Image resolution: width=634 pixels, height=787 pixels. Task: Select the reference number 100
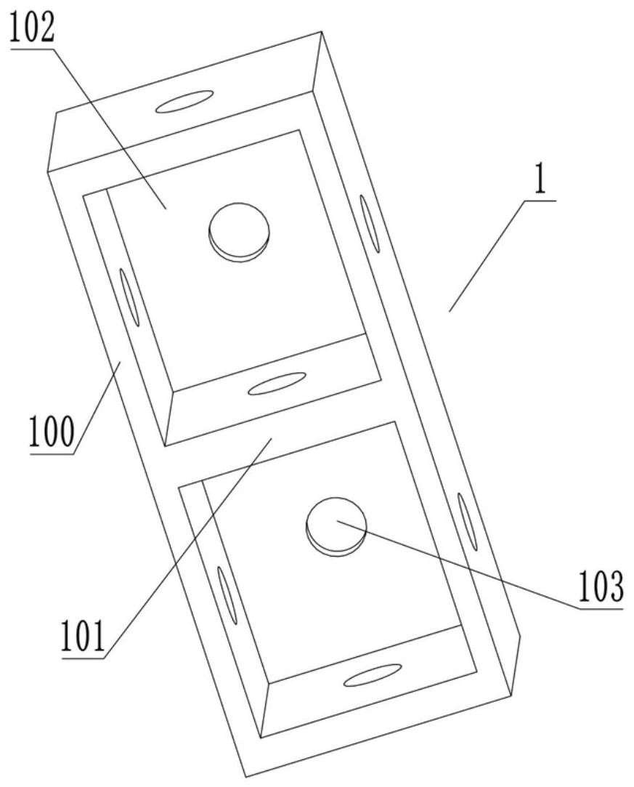click(52, 433)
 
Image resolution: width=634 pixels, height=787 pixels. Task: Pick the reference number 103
click(600, 588)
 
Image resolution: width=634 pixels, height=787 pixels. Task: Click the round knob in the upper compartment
click(238, 231)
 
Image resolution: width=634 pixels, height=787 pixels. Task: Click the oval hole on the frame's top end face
click(184, 102)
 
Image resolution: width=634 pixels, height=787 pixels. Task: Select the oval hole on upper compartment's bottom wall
click(277, 383)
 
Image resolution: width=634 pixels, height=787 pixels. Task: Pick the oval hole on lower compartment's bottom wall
click(373, 675)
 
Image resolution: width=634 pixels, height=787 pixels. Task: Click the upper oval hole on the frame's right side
click(370, 224)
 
